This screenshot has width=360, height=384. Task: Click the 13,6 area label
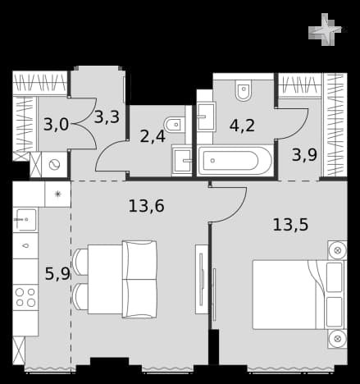click(x=147, y=206)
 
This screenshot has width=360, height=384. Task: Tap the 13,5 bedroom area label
click(x=290, y=225)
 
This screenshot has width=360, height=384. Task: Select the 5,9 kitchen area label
click(x=57, y=274)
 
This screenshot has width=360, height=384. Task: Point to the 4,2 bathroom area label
click(x=242, y=126)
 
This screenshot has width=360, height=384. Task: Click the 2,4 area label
click(x=153, y=136)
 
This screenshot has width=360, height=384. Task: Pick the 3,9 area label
click(x=304, y=155)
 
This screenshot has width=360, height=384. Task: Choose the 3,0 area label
click(x=56, y=125)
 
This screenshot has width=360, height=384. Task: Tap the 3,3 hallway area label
click(x=107, y=117)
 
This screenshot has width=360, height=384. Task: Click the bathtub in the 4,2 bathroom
click(x=235, y=161)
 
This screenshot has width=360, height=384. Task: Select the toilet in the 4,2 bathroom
click(x=243, y=90)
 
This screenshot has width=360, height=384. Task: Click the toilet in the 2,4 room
click(x=175, y=125)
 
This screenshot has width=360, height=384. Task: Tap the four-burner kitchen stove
click(x=25, y=297)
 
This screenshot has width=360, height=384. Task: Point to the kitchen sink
click(x=25, y=220)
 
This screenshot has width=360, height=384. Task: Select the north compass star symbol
click(x=325, y=30)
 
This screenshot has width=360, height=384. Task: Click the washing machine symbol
click(x=54, y=165)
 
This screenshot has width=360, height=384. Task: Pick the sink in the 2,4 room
click(x=182, y=161)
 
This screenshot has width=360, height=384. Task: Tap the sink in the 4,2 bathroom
click(x=207, y=117)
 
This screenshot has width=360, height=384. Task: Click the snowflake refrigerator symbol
click(x=57, y=194)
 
